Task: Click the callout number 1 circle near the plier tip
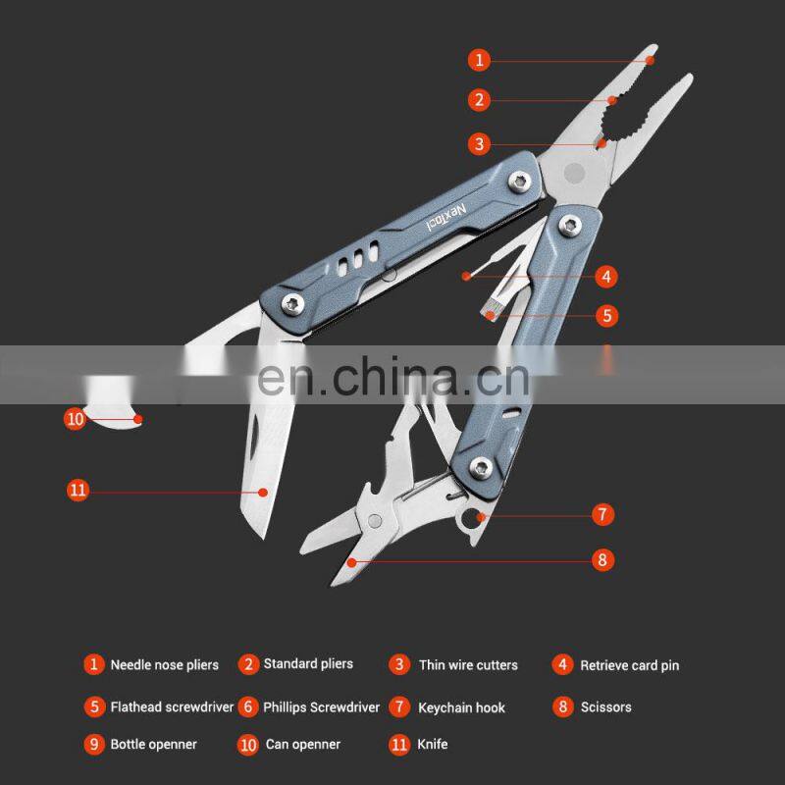(479, 60)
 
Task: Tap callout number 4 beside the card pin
(606, 276)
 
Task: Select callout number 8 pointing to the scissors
(602, 559)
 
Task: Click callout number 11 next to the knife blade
(78, 490)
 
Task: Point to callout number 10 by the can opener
(76, 418)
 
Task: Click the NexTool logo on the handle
(446, 218)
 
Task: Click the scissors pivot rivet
(375, 521)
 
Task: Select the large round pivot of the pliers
(574, 173)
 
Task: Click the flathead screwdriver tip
(488, 312)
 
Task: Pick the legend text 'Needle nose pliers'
(165, 665)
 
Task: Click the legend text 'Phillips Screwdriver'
(322, 706)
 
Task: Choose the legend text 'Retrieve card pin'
(630, 665)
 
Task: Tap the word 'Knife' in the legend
(433, 744)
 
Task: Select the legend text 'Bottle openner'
(154, 745)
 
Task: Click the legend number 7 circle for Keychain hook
(399, 706)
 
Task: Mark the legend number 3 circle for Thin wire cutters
(399, 664)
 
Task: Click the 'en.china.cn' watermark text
(393, 376)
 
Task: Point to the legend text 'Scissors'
(605, 706)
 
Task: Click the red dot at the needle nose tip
(650, 61)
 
